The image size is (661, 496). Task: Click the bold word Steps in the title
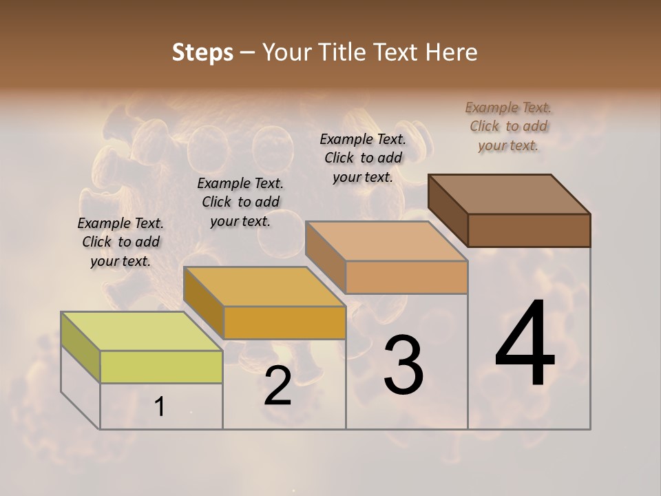pos(202,52)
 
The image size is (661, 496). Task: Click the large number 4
pos(525,344)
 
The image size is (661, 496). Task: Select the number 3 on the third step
pos(403,365)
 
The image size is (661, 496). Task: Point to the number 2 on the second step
pos(277,386)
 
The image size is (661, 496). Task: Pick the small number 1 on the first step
pos(160,407)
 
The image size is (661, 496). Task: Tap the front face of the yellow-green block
pos(161,366)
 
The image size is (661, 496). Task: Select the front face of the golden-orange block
pos(284,322)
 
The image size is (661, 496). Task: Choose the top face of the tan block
pos(386,241)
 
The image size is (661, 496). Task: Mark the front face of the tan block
pos(406,278)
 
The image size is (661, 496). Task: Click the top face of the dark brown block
pos(510,194)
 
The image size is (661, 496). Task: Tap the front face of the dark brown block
pos(529,230)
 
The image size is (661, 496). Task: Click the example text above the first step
pos(120,242)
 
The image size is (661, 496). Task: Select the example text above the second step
pos(240,202)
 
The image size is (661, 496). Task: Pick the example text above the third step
pos(363,158)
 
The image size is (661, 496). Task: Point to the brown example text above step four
pos(508,126)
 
